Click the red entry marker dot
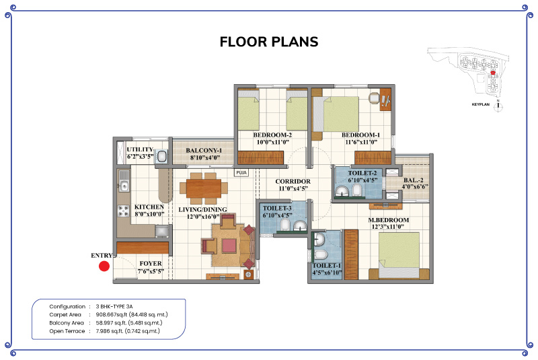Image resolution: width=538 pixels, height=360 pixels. pos(104,266)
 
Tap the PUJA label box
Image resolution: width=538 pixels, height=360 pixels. pos(241,173)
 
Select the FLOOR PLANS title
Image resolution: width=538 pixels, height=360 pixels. pos(269,42)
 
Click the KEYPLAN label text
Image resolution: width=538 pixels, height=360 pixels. pos(480,104)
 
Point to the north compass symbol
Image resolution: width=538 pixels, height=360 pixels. pos(498,106)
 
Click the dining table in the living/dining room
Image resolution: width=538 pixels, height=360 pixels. pos(204,188)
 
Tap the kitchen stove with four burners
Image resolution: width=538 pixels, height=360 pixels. pos(123,211)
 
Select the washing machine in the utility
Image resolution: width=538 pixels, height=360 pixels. pos(161,157)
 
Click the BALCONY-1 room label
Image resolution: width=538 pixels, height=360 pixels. pos(204,150)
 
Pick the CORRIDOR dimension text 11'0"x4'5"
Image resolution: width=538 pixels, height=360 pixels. pos(293,188)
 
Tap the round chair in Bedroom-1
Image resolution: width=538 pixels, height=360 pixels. pos(374,98)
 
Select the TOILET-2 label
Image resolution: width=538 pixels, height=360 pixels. pos(362,173)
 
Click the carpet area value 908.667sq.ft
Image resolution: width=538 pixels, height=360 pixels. pos(112,315)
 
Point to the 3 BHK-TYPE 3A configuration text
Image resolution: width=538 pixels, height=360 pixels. pos(114,306)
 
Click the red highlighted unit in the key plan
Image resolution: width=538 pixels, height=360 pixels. pos(493,73)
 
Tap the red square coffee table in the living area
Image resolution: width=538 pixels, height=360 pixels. pos(229,246)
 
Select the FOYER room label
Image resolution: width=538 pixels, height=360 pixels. pos(151,263)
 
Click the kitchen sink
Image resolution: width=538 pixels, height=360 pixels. pos(124,186)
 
